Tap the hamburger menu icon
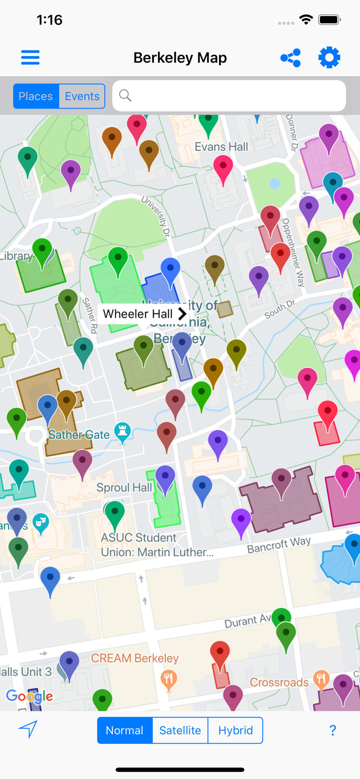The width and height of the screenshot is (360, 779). click(x=30, y=57)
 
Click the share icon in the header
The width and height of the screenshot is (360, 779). click(x=290, y=58)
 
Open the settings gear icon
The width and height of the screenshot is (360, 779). click(x=329, y=57)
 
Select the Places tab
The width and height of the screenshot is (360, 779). click(x=36, y=96)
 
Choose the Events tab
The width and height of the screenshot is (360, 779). click(x=82, y=96)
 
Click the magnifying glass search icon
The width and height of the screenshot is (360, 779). click(x=125, y=96)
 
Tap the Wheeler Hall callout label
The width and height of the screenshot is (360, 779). click(x=143, y=314)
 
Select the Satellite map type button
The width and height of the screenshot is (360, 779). click(x=180, y=730)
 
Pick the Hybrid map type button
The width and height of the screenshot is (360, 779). click(x=235, y=730)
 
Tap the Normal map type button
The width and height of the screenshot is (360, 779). click(x=125, y=730)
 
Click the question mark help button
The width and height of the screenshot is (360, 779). click(x=332, y=730)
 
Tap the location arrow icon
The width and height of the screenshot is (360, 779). click(x=28, y=729)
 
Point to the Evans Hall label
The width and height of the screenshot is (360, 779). click(x=221, y=147)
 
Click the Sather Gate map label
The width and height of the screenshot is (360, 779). click(x=79, y=435)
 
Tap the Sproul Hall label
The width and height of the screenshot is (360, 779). click(x=124, y=488)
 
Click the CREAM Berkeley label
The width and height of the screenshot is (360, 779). click(x=135, y=659)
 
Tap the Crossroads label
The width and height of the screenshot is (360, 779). click(x=279, y=682)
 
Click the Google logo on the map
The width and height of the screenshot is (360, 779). click(x=30, y=696)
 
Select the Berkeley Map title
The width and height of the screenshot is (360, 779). click(x=180, y=58)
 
